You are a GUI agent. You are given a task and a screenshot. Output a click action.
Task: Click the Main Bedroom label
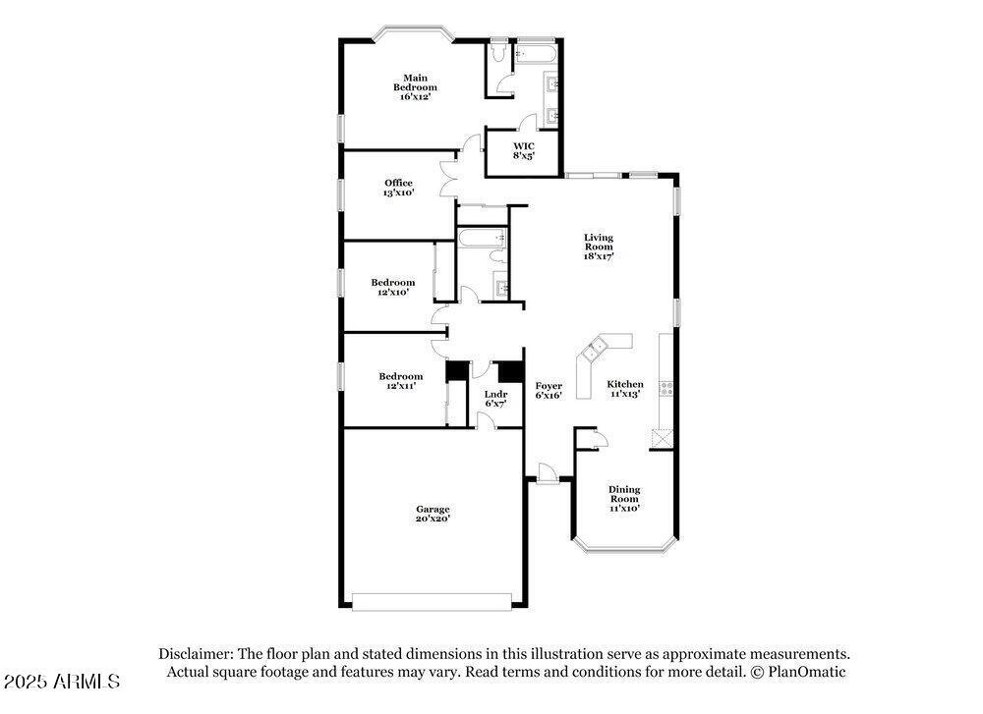point(415,87)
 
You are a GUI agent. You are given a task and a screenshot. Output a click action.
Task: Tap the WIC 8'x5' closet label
point(524,151)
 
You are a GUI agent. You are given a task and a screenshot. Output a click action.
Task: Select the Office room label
point(399,188)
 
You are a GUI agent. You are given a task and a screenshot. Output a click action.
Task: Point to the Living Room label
point(599,247)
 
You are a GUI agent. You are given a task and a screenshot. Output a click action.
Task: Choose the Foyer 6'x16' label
point(549,390)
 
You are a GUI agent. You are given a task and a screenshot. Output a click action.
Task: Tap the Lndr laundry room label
point(495,399)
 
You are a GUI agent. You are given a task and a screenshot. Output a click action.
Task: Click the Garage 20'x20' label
point(433,514)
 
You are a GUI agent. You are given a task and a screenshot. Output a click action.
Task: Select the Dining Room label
point(624,499)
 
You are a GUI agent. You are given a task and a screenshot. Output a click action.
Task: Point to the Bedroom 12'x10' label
point(392,287)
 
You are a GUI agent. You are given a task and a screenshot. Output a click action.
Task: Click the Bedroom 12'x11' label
point(401,381)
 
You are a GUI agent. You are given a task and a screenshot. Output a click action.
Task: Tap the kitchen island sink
point(594,350)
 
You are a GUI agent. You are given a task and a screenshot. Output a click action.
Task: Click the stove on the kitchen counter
point(665,388)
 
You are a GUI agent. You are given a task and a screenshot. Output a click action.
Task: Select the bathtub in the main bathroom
point(536,54)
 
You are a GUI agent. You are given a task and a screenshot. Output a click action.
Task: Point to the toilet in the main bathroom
point(498,52)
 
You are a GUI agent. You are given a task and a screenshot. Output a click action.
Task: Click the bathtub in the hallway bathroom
point(482,238)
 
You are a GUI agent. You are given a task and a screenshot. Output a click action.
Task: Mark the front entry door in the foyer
point(547,473)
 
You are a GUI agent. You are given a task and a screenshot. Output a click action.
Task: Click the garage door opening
point(432,602)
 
